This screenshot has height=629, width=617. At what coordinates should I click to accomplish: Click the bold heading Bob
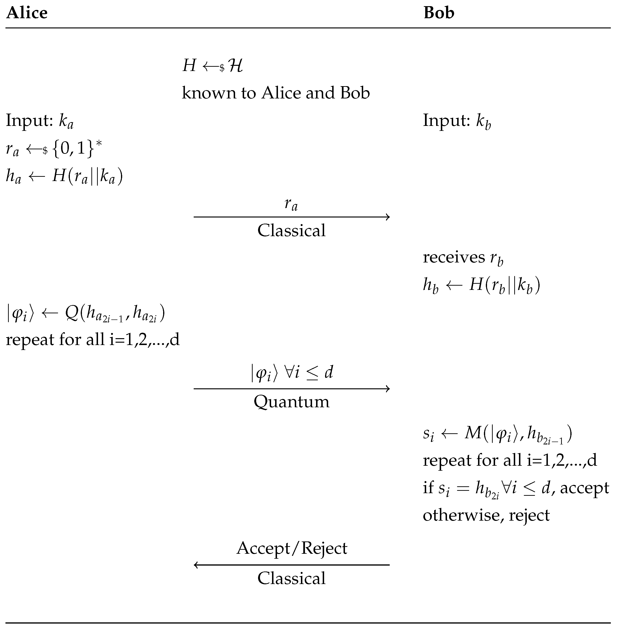[439, 13]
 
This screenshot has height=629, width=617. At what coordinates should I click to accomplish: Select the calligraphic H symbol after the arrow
[235, 66]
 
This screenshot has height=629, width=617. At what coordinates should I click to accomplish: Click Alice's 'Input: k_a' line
[40, 121]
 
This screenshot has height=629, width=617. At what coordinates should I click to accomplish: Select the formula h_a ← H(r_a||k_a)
[64, 177]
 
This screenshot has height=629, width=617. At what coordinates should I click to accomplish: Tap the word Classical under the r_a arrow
[291, 231]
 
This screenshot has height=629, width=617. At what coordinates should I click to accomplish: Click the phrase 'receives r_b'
[463, 258]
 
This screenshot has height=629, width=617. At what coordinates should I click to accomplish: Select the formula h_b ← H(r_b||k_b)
[482, 285]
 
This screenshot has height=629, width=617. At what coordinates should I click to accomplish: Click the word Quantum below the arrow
[291, 402]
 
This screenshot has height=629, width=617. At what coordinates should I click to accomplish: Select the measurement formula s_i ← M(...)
[497, 434]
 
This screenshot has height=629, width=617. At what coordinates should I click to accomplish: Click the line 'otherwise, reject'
[486, 515]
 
